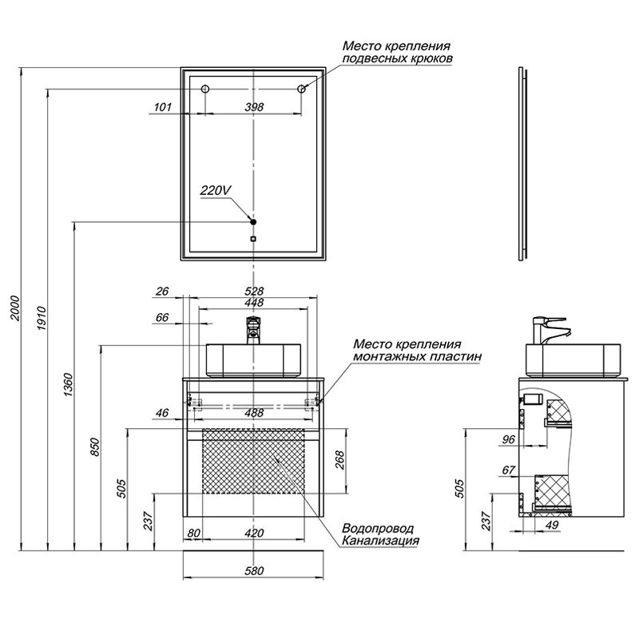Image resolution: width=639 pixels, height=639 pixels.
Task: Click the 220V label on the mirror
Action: point(216,190)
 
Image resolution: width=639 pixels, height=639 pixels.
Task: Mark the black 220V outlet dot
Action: point(253,220)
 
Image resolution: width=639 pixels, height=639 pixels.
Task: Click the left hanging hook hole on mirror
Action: point(204,89)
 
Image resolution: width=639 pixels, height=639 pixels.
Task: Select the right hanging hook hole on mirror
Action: point(302,89)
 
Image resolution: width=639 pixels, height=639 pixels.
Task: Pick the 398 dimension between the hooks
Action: point(254,106)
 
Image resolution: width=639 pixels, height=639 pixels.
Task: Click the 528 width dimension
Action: point(254,291)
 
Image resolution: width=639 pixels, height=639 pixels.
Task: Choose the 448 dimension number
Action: point(254,302)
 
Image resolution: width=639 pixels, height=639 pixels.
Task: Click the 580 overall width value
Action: point(254,570)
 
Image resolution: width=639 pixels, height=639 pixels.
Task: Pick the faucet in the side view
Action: point(552,329)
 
